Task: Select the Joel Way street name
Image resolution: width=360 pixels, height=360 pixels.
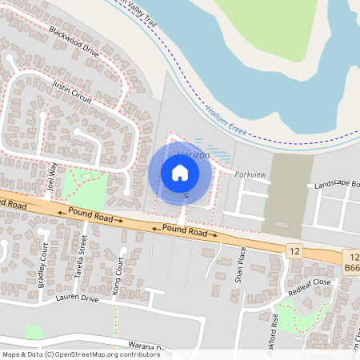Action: click(x=54, y=176)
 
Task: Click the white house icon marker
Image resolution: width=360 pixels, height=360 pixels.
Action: click(x=180, y=173)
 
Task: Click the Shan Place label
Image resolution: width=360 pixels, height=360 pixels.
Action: click(x=238, y=267)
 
